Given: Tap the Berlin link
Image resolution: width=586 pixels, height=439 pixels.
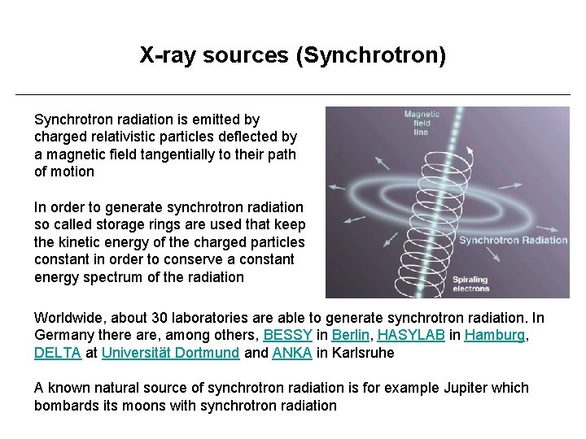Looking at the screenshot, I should click(x=352, y=336).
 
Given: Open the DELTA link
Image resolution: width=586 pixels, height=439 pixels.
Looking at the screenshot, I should click(x=58, y=353).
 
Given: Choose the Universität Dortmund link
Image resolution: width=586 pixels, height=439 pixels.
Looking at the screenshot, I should click(x=171, y=353).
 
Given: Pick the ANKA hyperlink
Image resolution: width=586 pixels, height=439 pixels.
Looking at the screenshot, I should click(x=291, y=353).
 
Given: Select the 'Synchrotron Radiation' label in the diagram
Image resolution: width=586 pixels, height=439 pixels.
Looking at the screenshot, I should click(x=513, y=240).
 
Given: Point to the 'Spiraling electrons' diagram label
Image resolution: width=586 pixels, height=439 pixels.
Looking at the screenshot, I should click(x=470, y=284).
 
